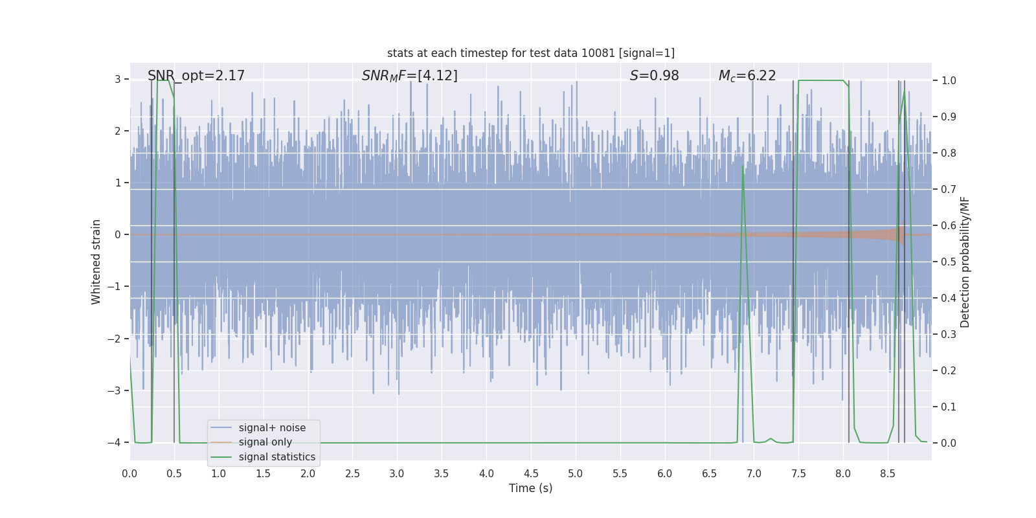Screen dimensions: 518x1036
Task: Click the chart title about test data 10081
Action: pyautogui.click(x=530, y=53)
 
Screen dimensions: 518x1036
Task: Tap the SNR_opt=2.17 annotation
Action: pyautogui.click(x=196, y=76)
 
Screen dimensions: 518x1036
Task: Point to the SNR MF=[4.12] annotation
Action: pyautogui.click(x=409, y=76)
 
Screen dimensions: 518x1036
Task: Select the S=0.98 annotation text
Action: pyautogui.click(x=654, y=76)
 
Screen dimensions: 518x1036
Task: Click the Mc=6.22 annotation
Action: pyautogui.click(x=747, y=76)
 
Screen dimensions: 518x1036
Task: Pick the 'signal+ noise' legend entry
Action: pyautogui.click(x=272, y=428)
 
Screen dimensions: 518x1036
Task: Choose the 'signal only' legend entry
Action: pyautogui.click(x=265, y=442)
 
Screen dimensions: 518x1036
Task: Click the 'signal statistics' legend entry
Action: pyautogui.click(x=276, y=457)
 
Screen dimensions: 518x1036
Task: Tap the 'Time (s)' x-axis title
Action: pyautogui.click(x=530, y=488)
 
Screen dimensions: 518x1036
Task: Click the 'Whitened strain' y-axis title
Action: pyautogui.click(x=96, y=262)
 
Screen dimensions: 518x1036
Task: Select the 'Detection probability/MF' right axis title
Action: pyautogui.click(x=965, y=262)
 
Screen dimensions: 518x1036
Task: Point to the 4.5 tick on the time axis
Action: pyautogui.click(x=530, y=474)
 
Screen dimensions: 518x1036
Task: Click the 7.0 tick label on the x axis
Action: pyautogui.click(x=754, y=474)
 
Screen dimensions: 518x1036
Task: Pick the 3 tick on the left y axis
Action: pyautogui.click(x=118, y=80)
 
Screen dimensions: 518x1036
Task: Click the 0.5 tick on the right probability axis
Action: pyautogui.click(x=948, y=262)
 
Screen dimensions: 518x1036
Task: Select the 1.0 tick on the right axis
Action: pyautogui.click(x=948, y=81)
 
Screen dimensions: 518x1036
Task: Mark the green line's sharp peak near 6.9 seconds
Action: pyautogui.click(x=743, y=166)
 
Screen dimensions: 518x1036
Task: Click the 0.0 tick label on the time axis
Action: pyautogui.click(x=129, y=474)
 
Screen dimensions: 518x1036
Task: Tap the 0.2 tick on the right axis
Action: pyautogui.click(x=948, y=371)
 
